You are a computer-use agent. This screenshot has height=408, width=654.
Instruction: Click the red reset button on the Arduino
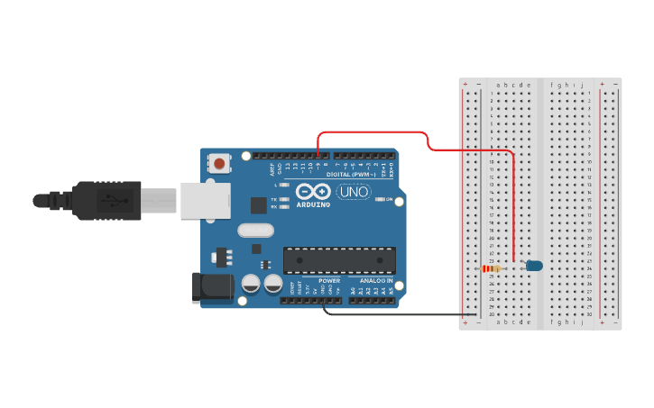pos(218,164)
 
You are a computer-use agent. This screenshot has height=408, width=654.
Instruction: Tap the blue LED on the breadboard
pos(534,266)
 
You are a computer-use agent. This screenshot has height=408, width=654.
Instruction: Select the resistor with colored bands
pos(491,268)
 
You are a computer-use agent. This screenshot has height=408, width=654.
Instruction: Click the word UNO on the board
pos(353,192)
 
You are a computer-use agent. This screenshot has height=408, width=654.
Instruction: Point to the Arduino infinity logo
pos(312,192)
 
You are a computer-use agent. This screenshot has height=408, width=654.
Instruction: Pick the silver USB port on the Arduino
pos(205,200)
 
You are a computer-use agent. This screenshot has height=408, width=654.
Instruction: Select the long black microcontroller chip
pos(339,260)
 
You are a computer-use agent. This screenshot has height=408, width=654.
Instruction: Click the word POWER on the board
pos(329,281)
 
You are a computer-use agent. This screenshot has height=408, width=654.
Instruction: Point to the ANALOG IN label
pos(373,281)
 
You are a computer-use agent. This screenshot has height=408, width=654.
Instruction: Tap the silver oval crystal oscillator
pos(255,230)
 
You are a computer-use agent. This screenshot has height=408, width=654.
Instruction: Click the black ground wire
pos(397,314)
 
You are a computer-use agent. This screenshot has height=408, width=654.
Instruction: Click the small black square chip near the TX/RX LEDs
pos(259,205)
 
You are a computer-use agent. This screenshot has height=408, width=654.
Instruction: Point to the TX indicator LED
pos(283,199)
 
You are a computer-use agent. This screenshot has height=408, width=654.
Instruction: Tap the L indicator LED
pos(283,185)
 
